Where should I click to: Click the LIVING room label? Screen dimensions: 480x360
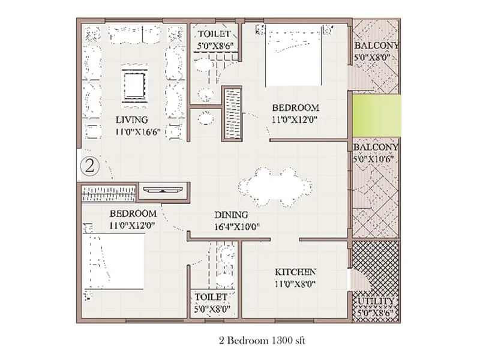(x=131, y=119)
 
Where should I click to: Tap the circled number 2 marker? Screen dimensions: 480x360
(x=89, y=166)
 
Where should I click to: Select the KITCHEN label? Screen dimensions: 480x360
(x=295, y=272)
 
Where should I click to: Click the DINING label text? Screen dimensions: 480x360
(x=231, y=215)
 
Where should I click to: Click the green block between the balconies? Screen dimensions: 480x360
(x=377, y=115)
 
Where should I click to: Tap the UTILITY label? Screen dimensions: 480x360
(x=376, y=301)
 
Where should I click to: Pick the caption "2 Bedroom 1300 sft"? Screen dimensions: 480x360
(x=262, y=340)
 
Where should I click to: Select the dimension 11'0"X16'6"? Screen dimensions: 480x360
(x=138, y=132)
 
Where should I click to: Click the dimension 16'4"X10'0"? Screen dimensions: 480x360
(x=237, y=227)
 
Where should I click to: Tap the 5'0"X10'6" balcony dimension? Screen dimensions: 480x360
(x=373, y=159)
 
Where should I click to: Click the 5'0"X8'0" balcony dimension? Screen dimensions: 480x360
(x=371, y=57)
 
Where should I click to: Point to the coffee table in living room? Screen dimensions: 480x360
(x=134, y=86)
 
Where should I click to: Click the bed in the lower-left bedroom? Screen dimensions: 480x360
(x=113, y=261)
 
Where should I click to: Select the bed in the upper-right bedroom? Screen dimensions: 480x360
(x=293, y=55)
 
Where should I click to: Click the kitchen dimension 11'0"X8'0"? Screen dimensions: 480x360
(x=295, y=284)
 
